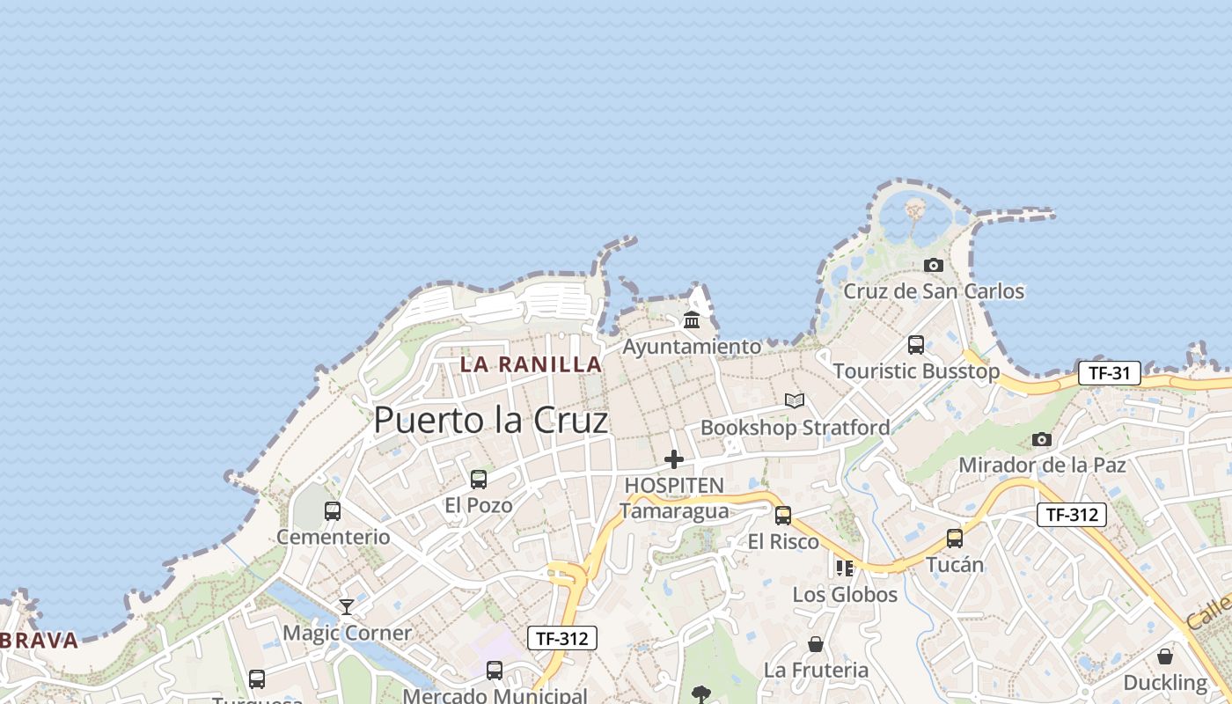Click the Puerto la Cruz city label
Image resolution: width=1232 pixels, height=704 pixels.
490,421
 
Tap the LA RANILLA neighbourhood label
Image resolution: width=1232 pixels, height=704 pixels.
531,364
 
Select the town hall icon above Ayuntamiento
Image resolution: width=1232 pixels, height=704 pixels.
692,319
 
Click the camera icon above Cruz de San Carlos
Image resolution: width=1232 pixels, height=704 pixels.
934,265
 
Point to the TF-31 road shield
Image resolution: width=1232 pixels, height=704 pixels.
1109,373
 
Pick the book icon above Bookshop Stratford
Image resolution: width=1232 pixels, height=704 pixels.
795,401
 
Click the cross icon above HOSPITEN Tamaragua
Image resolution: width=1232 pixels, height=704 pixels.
674,459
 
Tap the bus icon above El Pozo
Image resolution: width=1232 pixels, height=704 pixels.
479,480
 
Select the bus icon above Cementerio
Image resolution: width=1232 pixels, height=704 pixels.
333,511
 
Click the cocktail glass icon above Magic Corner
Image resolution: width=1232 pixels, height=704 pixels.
347,607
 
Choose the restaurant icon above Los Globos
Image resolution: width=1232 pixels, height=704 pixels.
845,568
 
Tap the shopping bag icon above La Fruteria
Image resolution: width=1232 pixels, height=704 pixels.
816,644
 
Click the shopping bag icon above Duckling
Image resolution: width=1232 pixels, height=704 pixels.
1165,656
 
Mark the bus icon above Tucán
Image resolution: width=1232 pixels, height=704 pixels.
955,539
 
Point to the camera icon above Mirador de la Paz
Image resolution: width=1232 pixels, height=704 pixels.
1042,439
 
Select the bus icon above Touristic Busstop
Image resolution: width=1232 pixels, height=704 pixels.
916,345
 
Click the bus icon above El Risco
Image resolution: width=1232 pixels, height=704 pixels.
783,516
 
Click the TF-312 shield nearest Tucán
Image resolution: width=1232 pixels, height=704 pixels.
1071,515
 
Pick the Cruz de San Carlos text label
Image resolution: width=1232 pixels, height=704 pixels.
934,291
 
